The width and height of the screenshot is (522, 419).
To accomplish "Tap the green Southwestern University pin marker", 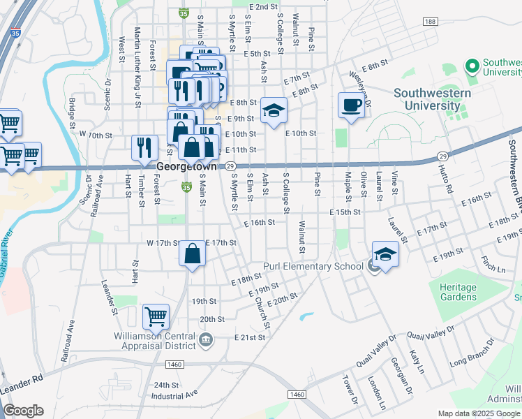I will point(472,66).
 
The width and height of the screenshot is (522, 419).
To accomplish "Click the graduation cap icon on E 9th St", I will point(274,110).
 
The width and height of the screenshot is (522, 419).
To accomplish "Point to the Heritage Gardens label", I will point(458,292).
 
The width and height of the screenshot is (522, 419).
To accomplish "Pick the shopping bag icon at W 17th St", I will point(193,254).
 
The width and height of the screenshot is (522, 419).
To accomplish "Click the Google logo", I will point(23,411).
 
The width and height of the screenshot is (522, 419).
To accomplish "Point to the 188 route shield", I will point(430,23).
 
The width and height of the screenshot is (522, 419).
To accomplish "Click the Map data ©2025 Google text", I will point(479,413).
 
